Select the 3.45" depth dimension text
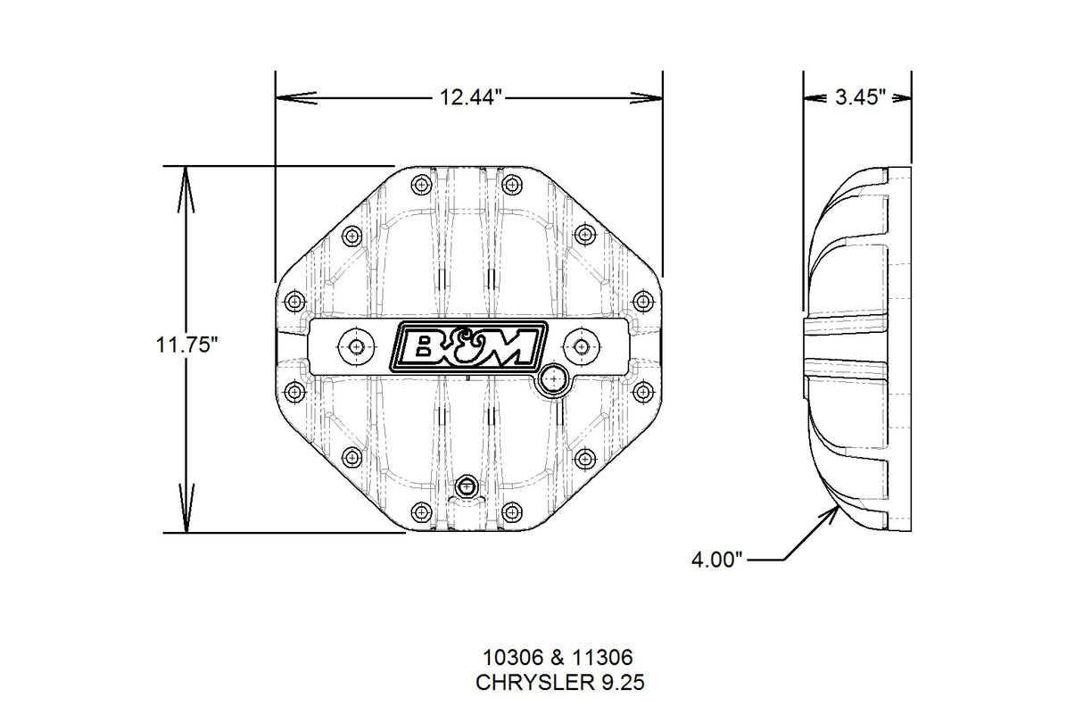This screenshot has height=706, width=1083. pos(859,97)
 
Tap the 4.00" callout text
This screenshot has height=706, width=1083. pos(717,560)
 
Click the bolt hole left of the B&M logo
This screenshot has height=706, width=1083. pos(357,346)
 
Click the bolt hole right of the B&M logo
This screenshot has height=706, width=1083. pos(581,346)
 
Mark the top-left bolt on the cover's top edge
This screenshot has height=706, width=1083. pos(421,185)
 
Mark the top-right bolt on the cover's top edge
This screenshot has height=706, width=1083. pos(511,185)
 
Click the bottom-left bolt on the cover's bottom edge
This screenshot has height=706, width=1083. pos(421,511)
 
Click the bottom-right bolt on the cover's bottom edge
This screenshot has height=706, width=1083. pos(511,511)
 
